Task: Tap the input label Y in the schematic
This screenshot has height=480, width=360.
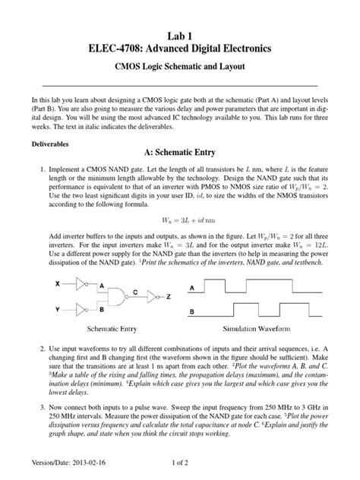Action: tap(58, 310)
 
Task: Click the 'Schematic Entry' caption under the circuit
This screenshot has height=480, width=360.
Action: tap(115, 330)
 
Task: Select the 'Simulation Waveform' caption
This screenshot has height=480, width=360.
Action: tap(260, 330)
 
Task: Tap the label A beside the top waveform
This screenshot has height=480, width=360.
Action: tap(193, 287)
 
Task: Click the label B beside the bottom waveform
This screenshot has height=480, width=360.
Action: tap(193, 311)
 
